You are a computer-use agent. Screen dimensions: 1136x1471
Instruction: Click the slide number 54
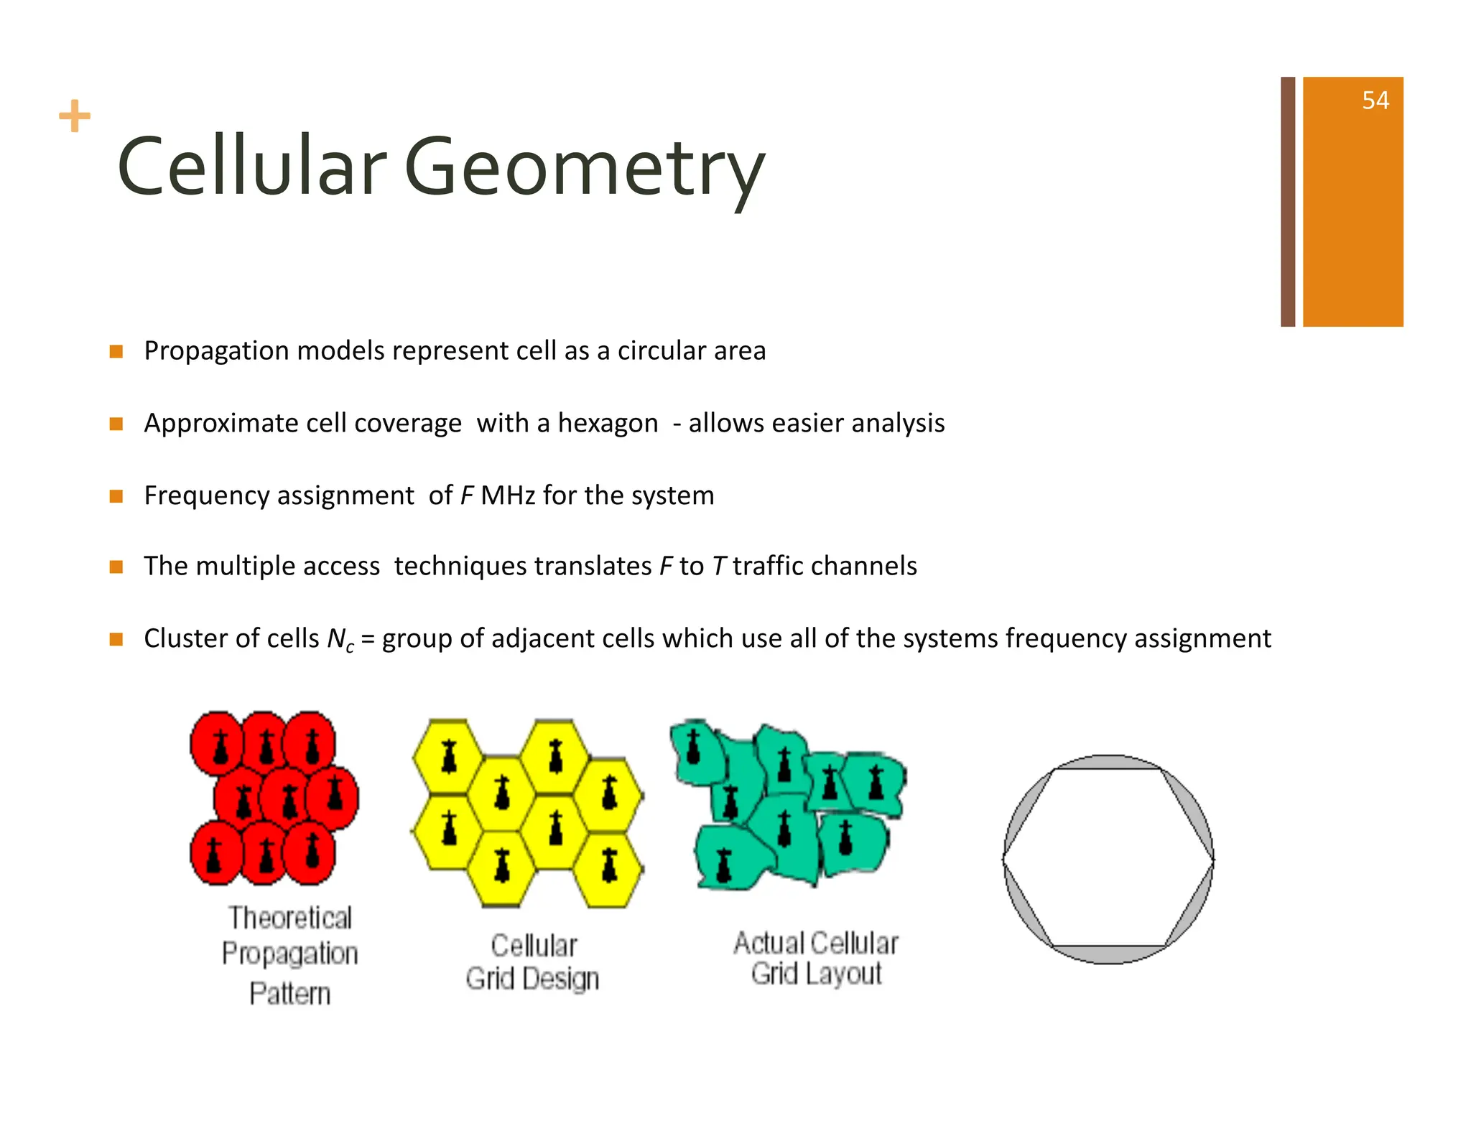coord(1375,101)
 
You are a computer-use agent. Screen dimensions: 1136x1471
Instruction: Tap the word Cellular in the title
coord(251,167)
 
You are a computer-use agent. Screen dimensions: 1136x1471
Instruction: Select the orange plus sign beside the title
coord(75,116)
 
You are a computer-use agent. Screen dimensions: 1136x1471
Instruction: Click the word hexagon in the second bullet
coord(608,424)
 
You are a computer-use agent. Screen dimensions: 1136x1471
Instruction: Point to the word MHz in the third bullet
coord(507,496)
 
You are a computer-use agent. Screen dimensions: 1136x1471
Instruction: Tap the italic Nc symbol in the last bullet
coord(340,639)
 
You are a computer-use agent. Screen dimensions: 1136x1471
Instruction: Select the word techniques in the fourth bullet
coord(522,567)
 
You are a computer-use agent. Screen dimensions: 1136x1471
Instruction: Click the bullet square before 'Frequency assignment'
coord(116,496)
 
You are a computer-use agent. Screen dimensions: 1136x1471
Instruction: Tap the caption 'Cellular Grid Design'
coord(533,962)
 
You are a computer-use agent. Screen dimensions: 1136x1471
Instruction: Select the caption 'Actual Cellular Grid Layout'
coord(816,958)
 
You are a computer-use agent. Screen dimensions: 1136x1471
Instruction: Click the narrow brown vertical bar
coord(1288,202)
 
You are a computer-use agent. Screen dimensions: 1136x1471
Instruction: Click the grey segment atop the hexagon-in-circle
coord(1108,762)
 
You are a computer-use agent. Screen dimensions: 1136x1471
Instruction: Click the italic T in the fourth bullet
coord(719,567)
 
